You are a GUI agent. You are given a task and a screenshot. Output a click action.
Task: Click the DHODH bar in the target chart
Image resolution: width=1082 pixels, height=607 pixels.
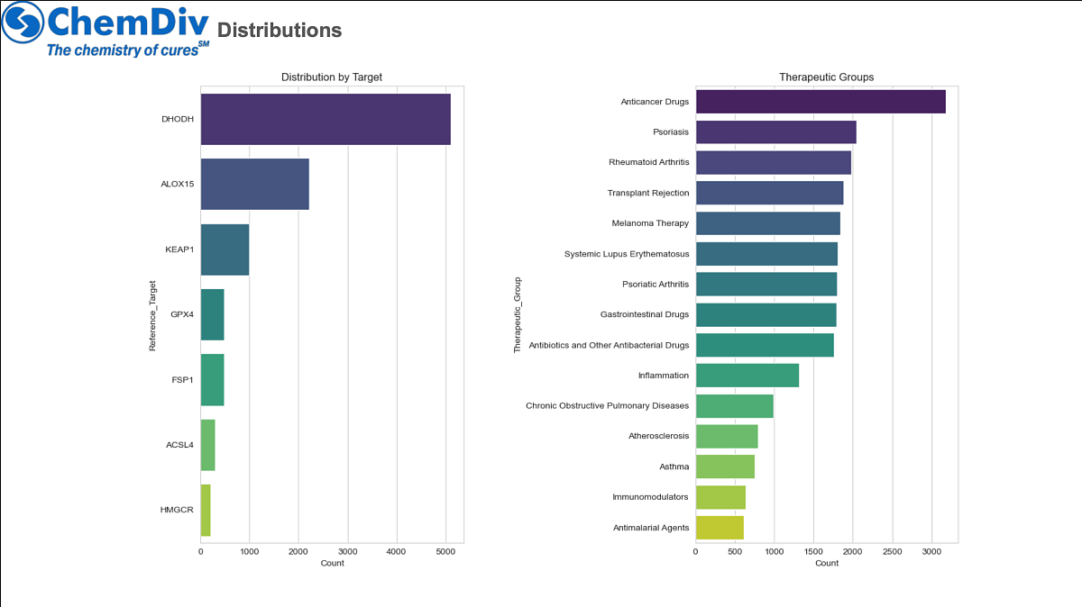[x=326, y=119]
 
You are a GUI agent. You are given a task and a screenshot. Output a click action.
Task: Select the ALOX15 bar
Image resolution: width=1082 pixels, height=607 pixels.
[x=254, y=184]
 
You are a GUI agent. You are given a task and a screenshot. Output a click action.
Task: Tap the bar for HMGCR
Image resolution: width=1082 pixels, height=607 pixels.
[x=206, y=510]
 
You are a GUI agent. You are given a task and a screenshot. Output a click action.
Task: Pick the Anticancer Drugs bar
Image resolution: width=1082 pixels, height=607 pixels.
[x=821, y=102]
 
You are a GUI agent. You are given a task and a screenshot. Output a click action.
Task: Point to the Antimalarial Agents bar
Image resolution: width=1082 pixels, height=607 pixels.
[x=720, y=528]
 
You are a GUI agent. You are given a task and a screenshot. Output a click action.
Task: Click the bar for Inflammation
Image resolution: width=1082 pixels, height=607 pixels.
[x=747, y=376]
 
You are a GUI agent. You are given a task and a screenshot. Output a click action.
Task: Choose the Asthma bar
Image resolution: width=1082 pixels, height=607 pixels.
[x=725, y=467]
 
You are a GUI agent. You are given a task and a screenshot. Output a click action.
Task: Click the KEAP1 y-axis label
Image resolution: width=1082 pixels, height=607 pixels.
[x=179, y=249]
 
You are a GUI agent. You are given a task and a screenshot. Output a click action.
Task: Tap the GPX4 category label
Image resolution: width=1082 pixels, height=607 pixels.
[x=182, y=314]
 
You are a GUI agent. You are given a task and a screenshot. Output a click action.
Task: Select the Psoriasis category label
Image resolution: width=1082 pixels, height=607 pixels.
[x=671, y=132]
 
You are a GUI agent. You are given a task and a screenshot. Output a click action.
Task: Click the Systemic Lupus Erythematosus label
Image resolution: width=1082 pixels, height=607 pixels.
[x=627, y=254]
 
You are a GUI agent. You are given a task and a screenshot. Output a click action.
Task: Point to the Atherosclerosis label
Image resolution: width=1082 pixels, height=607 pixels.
[x=659, y=436]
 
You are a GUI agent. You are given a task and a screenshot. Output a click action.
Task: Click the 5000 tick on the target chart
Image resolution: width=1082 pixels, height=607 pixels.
[x=445, y=550]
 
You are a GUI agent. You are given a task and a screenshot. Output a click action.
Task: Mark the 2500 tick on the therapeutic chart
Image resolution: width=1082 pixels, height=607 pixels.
[x=893, y=550]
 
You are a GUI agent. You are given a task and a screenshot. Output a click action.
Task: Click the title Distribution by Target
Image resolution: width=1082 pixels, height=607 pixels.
[x=332, y=77]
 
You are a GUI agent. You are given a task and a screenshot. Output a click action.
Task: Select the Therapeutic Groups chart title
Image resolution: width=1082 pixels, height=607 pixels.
[x=826, y=77]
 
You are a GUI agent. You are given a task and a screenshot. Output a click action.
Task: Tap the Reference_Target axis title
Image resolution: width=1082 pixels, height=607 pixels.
[x=153, y=314]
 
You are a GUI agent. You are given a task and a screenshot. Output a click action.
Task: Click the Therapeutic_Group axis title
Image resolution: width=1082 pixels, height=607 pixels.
[x=518, y=314]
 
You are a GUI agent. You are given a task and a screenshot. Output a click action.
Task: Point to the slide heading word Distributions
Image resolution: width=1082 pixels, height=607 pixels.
[x=280, y=31]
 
